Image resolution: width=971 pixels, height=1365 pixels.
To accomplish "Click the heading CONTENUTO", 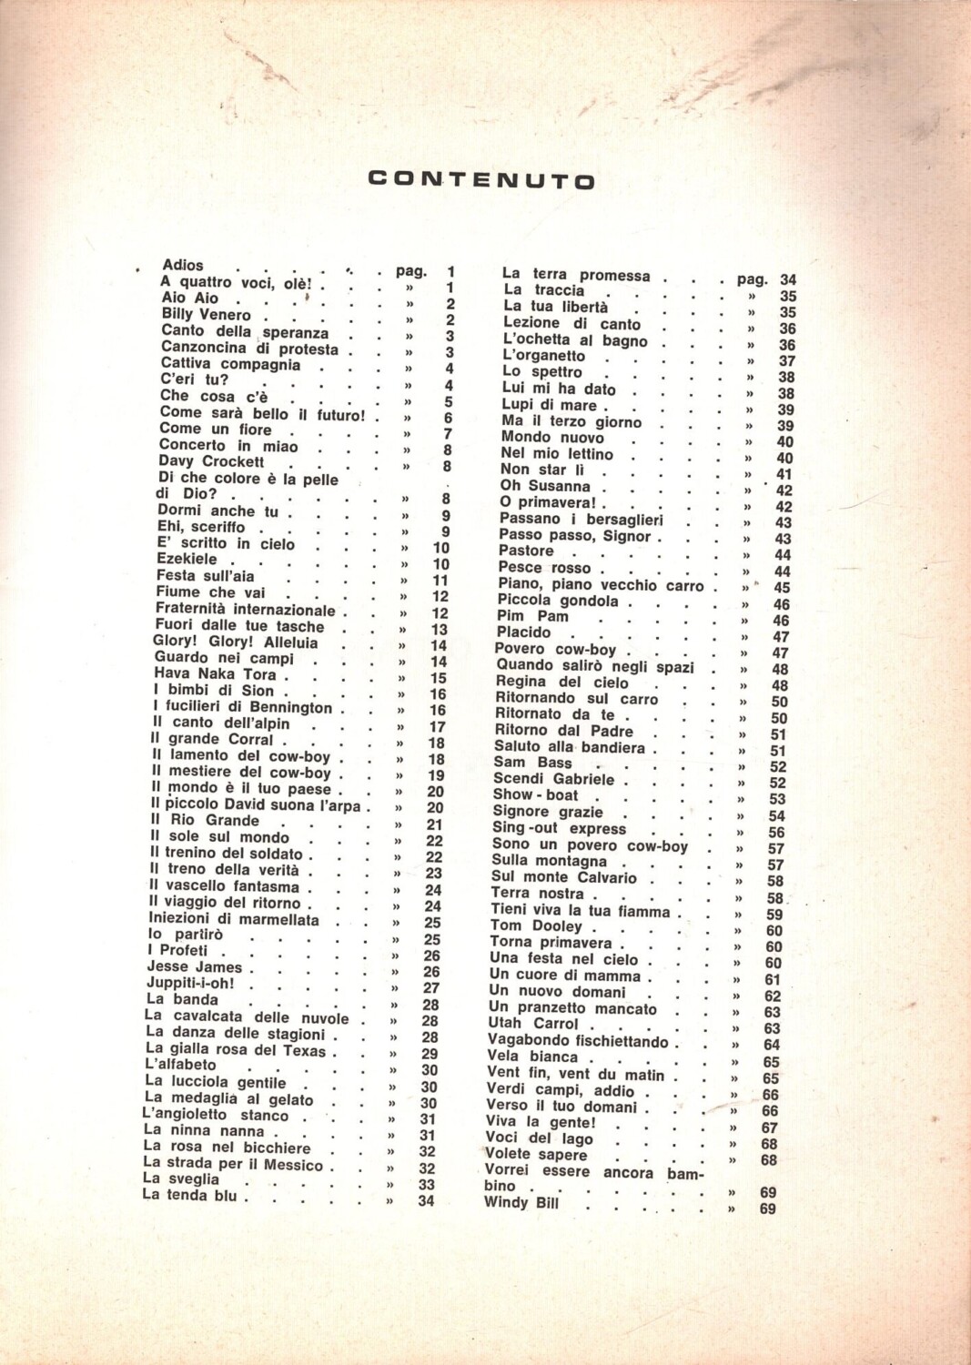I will point(481,179).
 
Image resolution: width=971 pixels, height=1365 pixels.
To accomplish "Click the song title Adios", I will point(183,265).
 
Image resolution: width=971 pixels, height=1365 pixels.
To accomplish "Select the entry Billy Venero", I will point(206,315).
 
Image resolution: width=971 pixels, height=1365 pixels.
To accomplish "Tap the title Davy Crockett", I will point(211,461).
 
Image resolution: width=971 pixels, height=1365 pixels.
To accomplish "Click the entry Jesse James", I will point(195,966).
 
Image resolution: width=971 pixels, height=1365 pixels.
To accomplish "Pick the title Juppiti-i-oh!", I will point(190,983).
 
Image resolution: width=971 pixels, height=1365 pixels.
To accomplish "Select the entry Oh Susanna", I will point(545,486).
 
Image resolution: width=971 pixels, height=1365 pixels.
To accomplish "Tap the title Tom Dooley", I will point(536,925).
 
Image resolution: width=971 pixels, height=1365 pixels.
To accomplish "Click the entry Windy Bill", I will point(521,1202).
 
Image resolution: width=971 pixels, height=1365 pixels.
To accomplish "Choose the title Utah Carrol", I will point(533,1023).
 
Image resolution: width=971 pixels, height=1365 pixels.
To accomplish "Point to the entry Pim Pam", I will point(533,616).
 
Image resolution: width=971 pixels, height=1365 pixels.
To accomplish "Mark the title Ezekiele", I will point(187,559).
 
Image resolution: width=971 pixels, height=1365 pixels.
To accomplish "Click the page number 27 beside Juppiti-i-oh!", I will point(431,988).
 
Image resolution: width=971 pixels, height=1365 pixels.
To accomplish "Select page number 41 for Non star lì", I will point(784,474).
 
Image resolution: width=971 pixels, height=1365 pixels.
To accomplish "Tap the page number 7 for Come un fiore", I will point(448,434).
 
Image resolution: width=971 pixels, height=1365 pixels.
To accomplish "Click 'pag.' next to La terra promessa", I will point(753,279).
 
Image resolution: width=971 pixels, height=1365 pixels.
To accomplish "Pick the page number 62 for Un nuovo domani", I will point(773,996).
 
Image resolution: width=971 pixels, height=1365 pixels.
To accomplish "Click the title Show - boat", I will point(536,794).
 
